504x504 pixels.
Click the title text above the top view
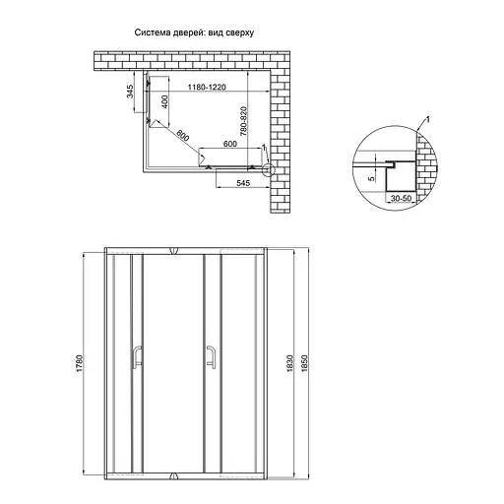195,32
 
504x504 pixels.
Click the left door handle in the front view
136,356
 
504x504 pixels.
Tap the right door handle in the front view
212,356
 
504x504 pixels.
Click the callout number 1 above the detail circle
429,120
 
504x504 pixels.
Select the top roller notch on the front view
173,247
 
